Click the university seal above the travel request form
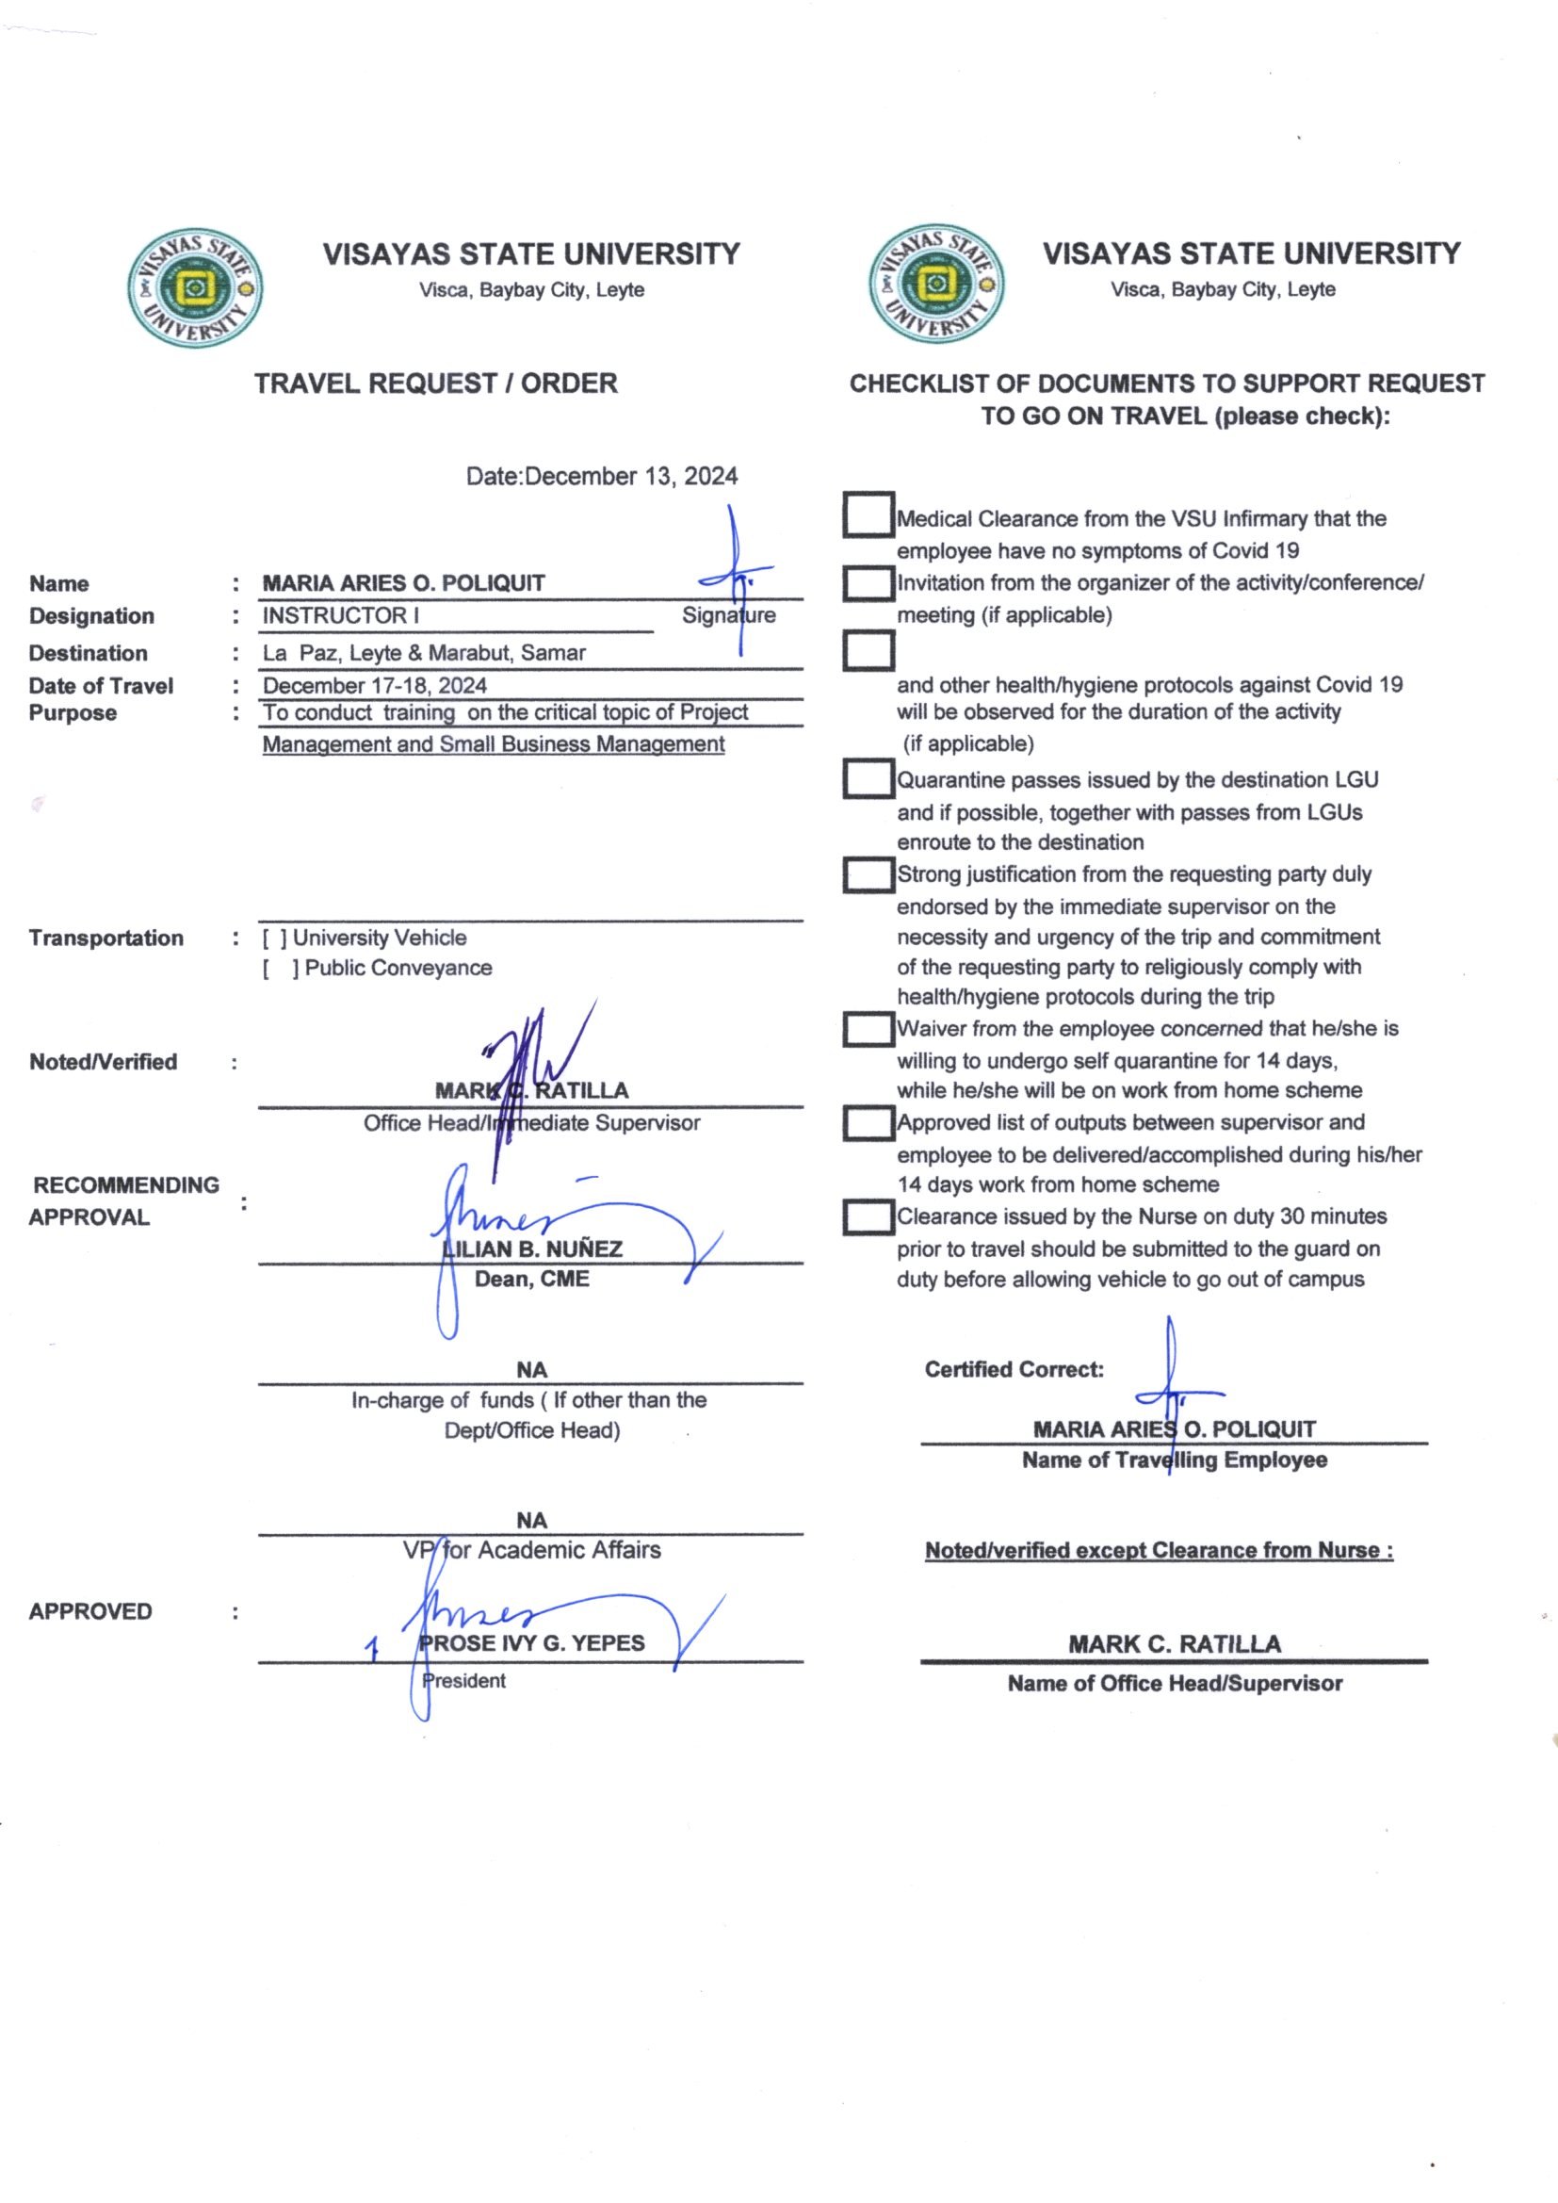(x=196, y=287)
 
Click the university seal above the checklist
(x=936, y=284)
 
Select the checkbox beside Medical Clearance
(x=868, y=514)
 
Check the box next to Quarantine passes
(x=868, y=778)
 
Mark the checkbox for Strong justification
(x=868, y=874)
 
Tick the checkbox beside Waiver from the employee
(x=868, y=1030)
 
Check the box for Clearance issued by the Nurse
(x=868, y=1217)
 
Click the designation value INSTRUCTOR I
(x=342, y=616)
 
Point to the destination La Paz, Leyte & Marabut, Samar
(x=424, y=653)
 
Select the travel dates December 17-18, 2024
(x=375, y=686)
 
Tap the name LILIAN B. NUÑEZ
(x=532, y=1249)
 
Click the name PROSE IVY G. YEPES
(x=532, y=1643)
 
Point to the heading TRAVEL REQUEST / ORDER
(x=435, y=383)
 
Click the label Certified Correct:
(x=1014, y=1370)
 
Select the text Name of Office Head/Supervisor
(x=1175, y=1684)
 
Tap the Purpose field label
(x=73, y=714)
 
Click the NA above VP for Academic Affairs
(x=531, y=1521)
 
